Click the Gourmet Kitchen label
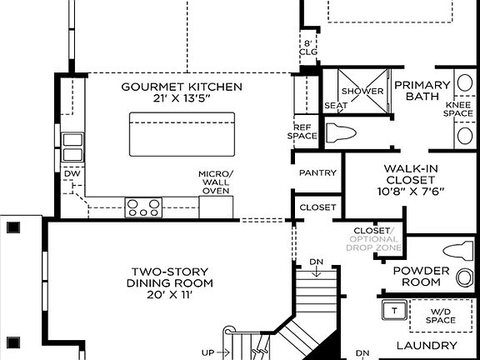pyautogui.click(x=182, y=87)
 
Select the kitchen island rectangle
pyautogui.click(x=180, y=133)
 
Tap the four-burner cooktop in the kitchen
pyautogui.click(x=142, y=207)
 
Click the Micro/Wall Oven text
pyautogui.click(x=215, y=182)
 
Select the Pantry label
pyautogui.click(x=317, y=173)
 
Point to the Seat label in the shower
pyautogui.click(x=335, y=106)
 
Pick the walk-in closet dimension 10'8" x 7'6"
pyautogui.click(x=409, y=191)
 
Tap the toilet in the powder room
pyautogui.click(x=457, y=249)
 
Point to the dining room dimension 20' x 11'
pyautogui.click(x=169, y=295)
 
